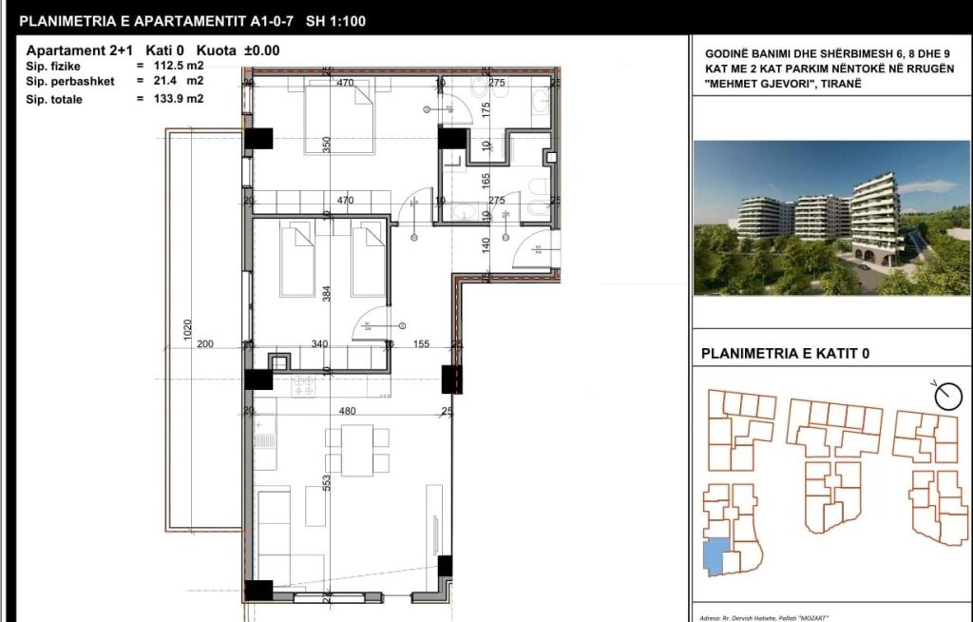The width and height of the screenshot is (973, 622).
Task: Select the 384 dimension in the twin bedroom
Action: click(x=327, y=294)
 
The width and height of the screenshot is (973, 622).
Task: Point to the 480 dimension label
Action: click(x=347, y=412)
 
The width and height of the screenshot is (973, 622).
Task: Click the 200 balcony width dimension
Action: click(x=204, y=345)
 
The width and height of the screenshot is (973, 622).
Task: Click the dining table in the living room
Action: click(x=356, y=451)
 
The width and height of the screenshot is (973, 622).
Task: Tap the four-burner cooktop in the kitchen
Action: click(x=306, y=386)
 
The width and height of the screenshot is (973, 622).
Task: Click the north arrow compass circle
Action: click(x=947, y=398)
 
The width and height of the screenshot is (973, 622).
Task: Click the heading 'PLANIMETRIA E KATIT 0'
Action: click(x=784, y=355)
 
